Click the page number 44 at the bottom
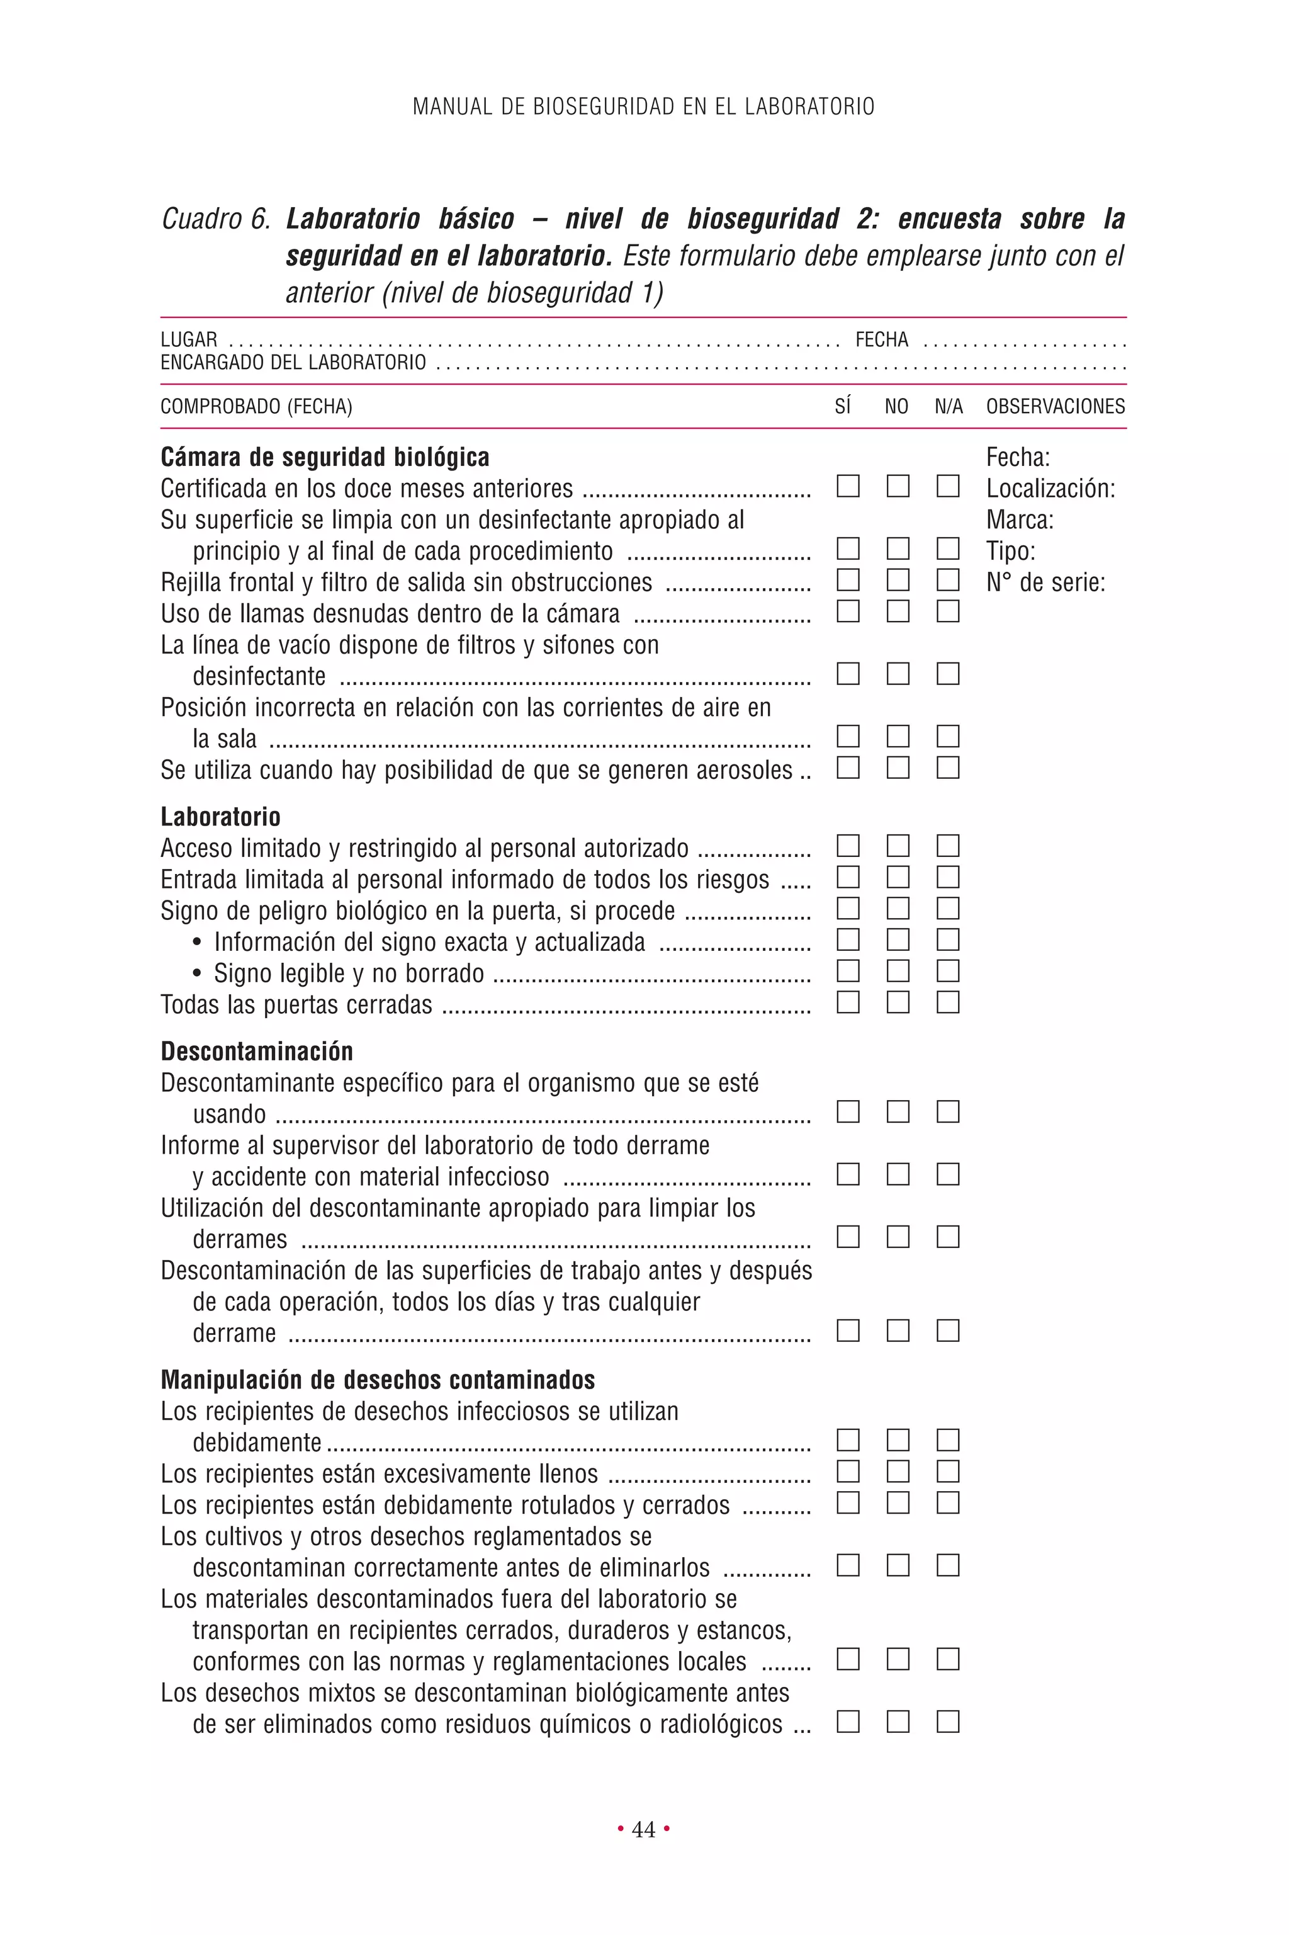tap(644, 1830)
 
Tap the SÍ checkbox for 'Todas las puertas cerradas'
tap(848, 1002)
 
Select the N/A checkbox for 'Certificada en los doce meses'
tap(948, 486)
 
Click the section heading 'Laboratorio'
tap(220, 817)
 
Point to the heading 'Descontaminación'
tap(257, 1051)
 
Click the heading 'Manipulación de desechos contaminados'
tap(378, 1380)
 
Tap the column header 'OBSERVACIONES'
tap(1055, 406)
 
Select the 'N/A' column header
tap(948, 406)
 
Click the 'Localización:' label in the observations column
tap(1050, 489)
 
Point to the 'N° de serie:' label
tap(1045, 582)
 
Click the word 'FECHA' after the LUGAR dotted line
tap(881, 339)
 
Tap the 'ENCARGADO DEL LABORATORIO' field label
tap(293, 363)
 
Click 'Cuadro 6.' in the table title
tap(215, 218)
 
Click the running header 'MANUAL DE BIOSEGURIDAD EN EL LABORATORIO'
tap(644, 107)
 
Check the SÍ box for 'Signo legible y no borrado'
tap(848, 970)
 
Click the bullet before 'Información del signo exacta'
tap(197, 943)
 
